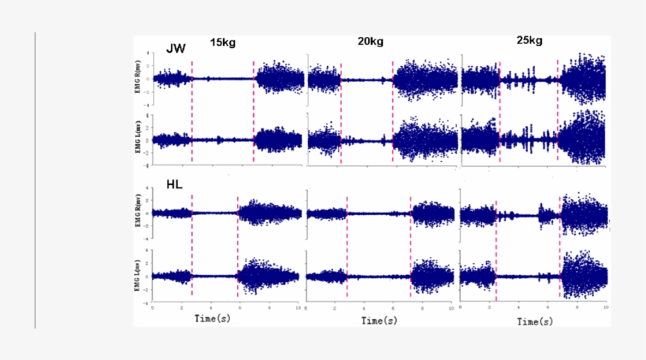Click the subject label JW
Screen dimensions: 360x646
pyautogui.click(x=176, y=49)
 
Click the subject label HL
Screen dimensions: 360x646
pyautogui.click(x=176, y=186)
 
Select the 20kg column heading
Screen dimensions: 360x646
pyautogui.click(x=371, y=42)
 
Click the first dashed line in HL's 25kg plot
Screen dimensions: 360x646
pyautogui.click(x=496, y=244)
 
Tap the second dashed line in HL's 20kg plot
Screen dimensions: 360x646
pyautogui.click(x=410, y=244)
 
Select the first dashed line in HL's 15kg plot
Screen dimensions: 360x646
pyautogui.click(x=191, y=244)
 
